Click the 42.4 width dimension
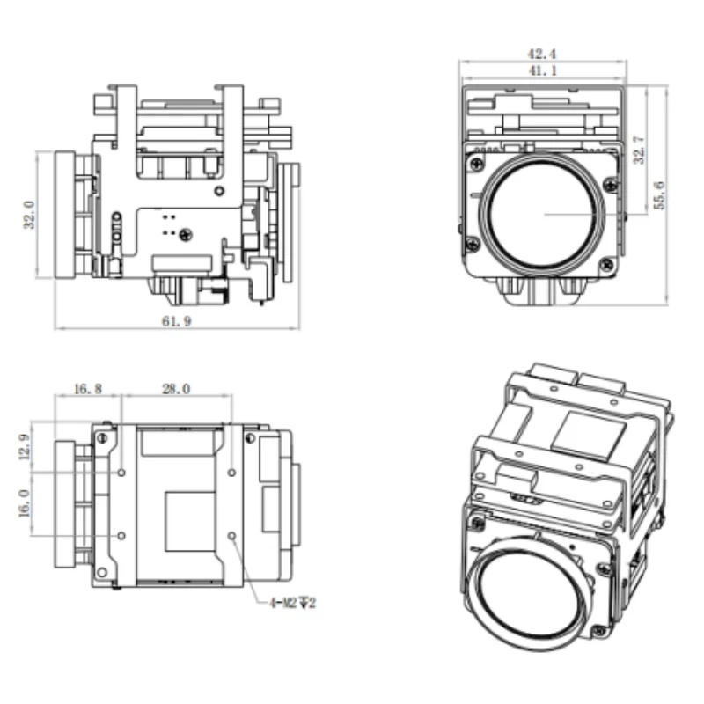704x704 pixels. [x=541, y=54]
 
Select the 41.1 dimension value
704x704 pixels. [x=542, y=70]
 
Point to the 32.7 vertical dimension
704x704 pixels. [x=639, y=150]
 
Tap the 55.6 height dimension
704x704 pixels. [x=659, y=195]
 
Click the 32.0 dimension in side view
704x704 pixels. [x=29, y=215]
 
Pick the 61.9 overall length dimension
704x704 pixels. [x=177, y=321]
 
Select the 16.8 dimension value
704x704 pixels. [x=87, y=389]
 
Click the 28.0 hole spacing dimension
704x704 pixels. [x=176, y=389]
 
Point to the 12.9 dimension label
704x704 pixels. [x=25, y=446]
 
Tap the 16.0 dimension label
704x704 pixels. [x=25, y=503]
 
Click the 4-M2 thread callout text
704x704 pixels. [x=292, y=603]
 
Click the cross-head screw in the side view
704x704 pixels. [x=186, y=234]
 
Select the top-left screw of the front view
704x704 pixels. [x=477, y=163]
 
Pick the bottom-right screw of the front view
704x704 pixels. [x=607, y=265]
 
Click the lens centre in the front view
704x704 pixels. [x=543, y=215]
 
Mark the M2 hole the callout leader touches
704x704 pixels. [x=231, y=536]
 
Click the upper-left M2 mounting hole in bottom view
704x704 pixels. [x=121, y=473]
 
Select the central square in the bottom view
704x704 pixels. [x=190, y=521]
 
